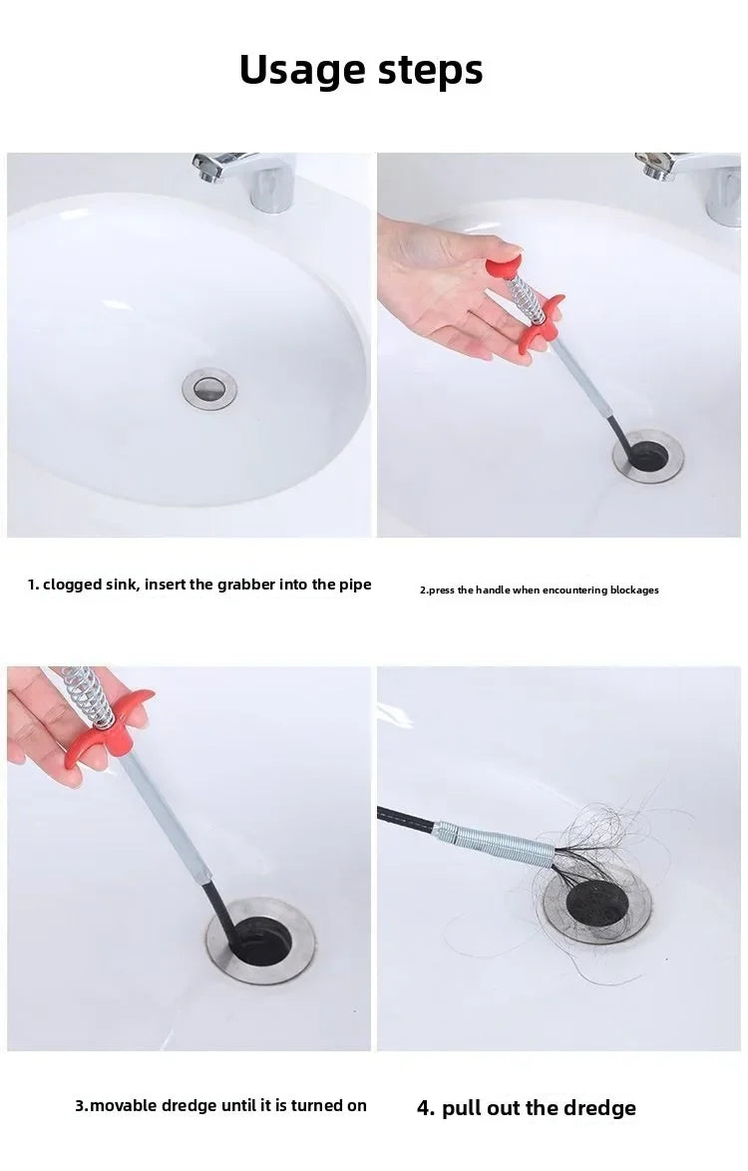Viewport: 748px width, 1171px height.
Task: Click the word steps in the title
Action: [x=431, y=71]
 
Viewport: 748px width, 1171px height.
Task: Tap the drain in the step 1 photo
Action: [x=209, y=388]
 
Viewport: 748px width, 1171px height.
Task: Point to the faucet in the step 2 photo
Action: [x=691, y=183]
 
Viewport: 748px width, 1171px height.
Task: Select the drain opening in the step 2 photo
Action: [x=648, y=456]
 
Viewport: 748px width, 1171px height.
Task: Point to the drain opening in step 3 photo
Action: [x=260, y=941]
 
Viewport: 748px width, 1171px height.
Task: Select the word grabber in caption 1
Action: [x=246, y=585]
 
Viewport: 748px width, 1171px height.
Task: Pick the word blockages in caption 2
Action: [x=634, y=589]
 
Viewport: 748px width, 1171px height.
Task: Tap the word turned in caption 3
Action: [x=317, y=1105]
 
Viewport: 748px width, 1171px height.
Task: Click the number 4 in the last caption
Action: [x=425, y=1108]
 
